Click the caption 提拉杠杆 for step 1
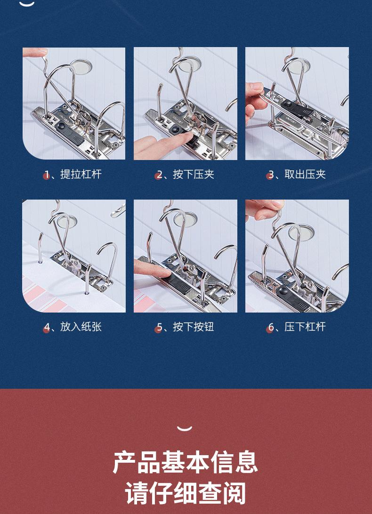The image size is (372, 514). click(81, 174)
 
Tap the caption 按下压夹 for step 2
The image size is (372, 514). click(194, 174)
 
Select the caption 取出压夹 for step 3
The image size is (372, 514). click(305, 174)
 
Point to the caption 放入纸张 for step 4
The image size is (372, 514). click(81, 327)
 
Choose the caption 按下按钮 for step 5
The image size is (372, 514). click(194, 327)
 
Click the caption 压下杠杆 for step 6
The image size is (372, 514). click(305, 327)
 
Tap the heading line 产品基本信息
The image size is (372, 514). click(186, 462)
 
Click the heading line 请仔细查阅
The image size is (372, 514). click(186, 493)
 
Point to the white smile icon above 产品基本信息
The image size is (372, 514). click(185, 428)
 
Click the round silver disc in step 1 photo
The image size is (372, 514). click(81, 66)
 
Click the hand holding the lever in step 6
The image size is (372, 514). click(264, 209)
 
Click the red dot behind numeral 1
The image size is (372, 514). click(46, 176)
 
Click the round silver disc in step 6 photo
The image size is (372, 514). click(301, 232)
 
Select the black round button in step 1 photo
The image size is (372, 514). click(62, 126)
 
